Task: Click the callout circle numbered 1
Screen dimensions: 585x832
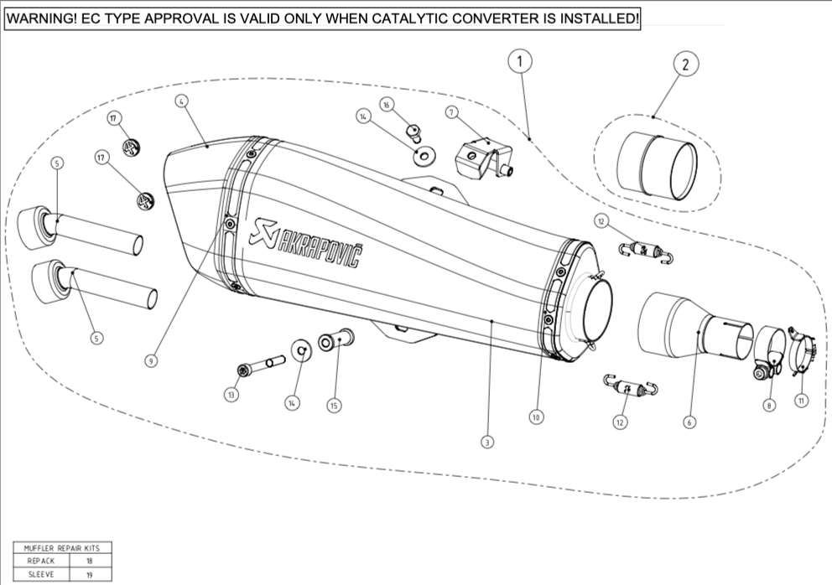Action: pyautogui.click(x=520, y=61)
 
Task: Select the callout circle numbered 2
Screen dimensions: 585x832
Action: pyautogui.click(x=685, y=64)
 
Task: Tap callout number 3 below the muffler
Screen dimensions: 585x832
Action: pyautogui.click(x=487, y=441)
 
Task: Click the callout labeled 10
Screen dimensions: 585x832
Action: pyautogui.click(x=537, y=415)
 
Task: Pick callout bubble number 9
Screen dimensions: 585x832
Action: pyautogui.click(x=151, y=360)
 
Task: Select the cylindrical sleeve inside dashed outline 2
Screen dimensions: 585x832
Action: pyautogui.click(x=657, y=168)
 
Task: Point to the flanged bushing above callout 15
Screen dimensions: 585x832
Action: pyautogui.click(x=337, y=341)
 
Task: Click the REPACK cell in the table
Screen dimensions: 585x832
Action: pyautogui.click(x=41, y=561)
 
